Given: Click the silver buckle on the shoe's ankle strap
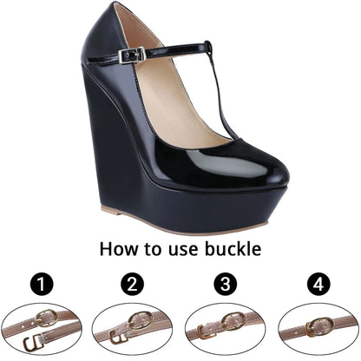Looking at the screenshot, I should (x=133, y=55).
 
